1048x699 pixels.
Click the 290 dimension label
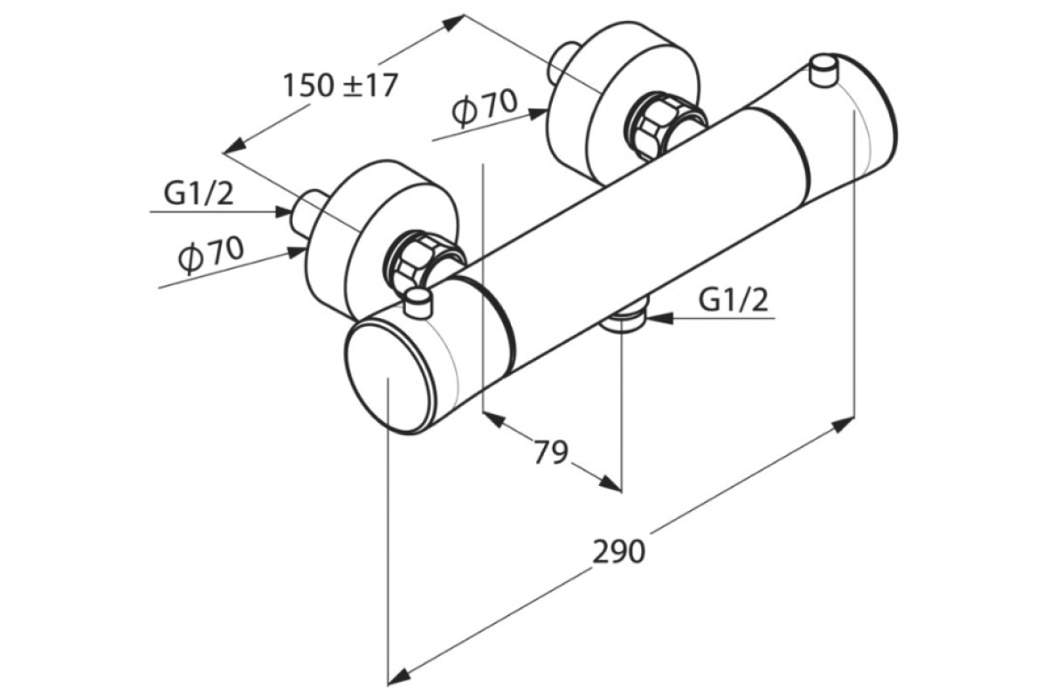[x=618, y=551]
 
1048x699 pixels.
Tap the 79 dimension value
[x=551, y=452]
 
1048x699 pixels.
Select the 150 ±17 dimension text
[x=341, y=86]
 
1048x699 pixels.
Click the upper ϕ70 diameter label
[x=485, y=108]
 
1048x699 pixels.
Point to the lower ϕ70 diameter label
[x=211, y=254]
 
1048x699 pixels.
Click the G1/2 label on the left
[x=198, y=193]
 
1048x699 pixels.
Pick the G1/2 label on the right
[x=734, y=301]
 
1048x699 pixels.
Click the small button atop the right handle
[x=824, y=71]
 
